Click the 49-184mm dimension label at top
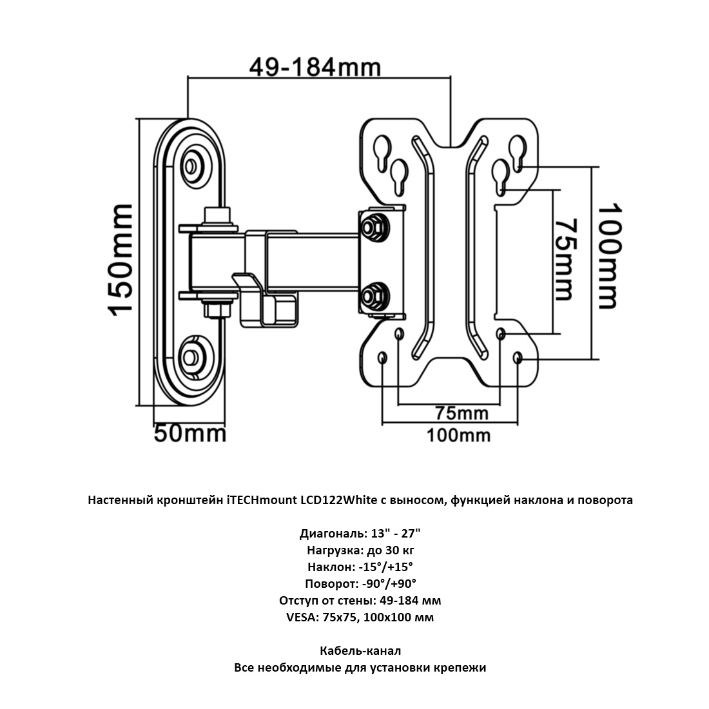coord(315,66)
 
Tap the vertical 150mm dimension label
coord(121,259)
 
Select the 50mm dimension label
coord(190,433)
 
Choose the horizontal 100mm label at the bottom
coord(458,436)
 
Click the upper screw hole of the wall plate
coord(191,166)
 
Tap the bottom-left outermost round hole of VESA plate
coord(383,358)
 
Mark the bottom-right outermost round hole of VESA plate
coord(518,358)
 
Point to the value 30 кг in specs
coord(397,550)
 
